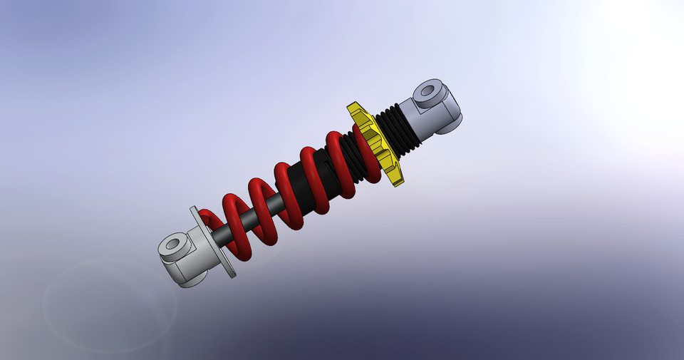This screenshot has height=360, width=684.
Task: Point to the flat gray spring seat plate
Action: [x=214, y=242]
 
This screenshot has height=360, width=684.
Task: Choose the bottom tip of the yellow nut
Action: [x=399, y=182]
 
